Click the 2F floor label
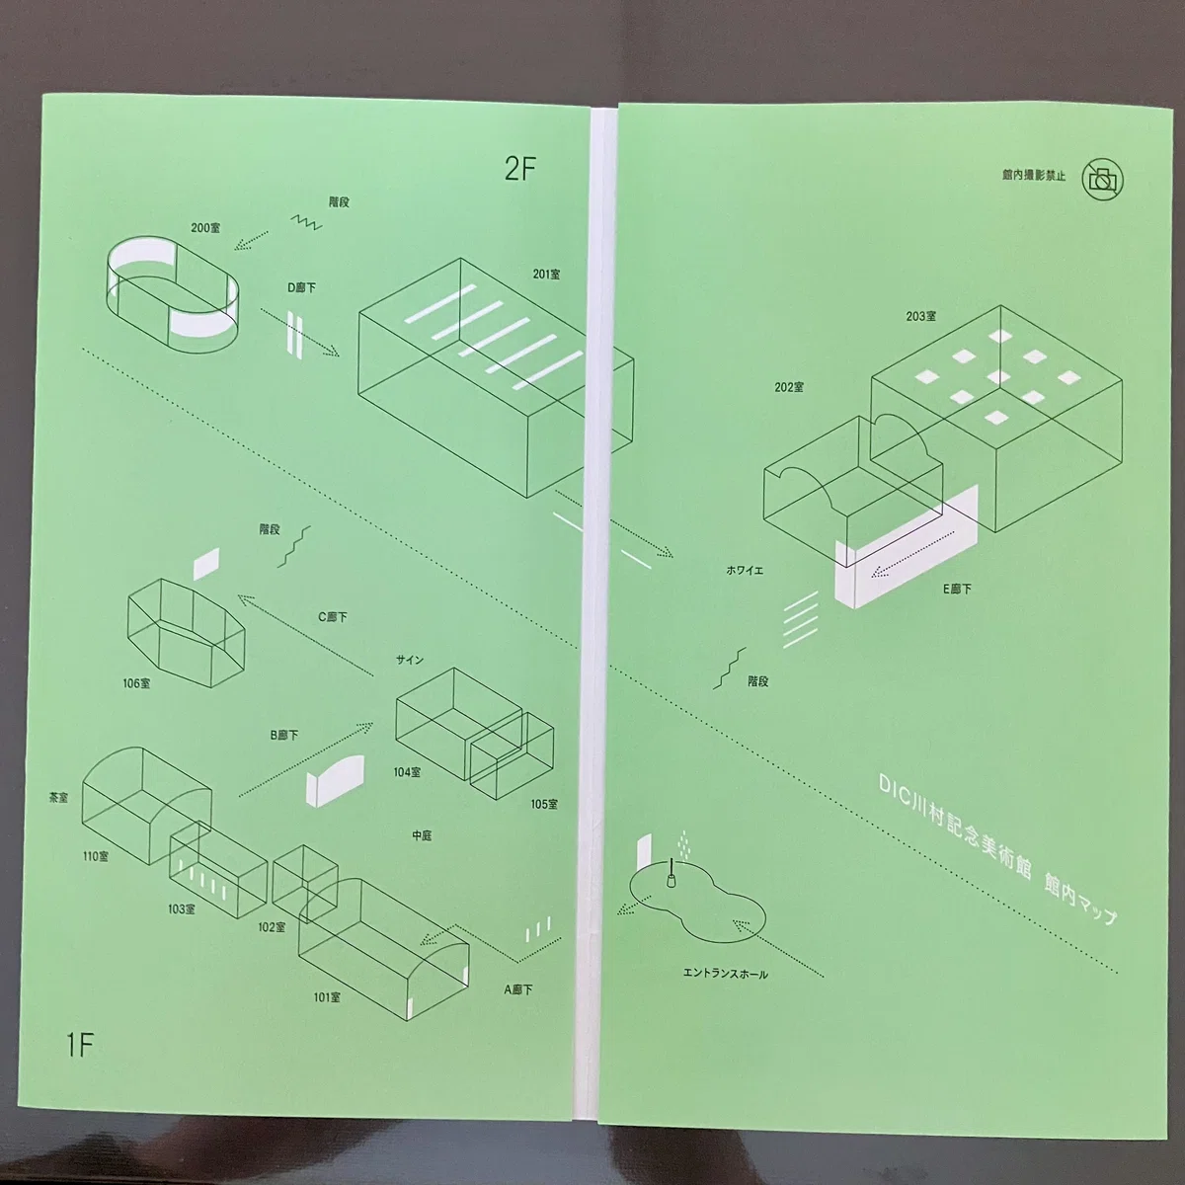pos(520,169)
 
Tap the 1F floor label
pos(79,1046)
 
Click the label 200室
pos(205,227)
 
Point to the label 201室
pos(546,275)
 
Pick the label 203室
pos(920,316)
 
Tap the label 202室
pos(789,387)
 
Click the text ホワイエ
pos(745,570)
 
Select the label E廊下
pos(958,590)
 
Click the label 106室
pos(136,682)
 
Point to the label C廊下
pos(333,617)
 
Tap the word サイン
pos(410,660)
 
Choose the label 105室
pos(544,804)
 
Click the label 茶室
pos(58,798)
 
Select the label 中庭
pos(422,835)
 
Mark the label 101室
pos(327,996)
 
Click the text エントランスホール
pos(726,974)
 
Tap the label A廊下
pos(518,989)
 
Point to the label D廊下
pos(301,287)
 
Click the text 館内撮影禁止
pos(1033,176)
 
